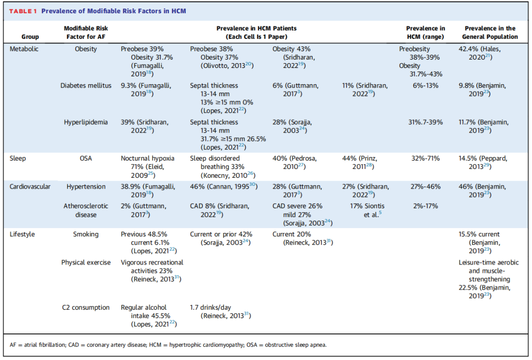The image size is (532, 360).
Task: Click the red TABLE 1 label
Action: pyautogui.click(x=23, y=11)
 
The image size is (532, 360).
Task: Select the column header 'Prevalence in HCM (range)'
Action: pyautogui.click(x=426, y=33)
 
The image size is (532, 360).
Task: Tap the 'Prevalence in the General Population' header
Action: pyautogui.click(x=490, y=33)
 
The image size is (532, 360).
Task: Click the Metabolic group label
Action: pyautogui.click(x=24, y=49)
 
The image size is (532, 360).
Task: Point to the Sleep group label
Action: pyautogui.click(x=18, y=159)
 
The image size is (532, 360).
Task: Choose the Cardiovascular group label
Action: pyautogui.click(x=30, y=187)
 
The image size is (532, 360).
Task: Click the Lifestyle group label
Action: pyautogui.click(x=22, y=234)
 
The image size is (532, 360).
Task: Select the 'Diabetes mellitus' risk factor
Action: pyautogui.click(x=86, y=86)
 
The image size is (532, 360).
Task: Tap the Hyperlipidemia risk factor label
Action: pyautogui.click(x=86, y=122)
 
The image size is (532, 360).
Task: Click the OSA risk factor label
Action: pyautogui.click(x=86, y=159)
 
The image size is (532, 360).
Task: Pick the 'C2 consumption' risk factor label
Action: pyautogui.click(x=86, y=307)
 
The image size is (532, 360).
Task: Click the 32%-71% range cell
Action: pyautogui.click(x=426, y=159)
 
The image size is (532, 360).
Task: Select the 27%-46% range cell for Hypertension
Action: pyautogui.click(x=426, y=187)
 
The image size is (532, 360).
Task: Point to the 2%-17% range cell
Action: pyautogui.click(x=426, y=206)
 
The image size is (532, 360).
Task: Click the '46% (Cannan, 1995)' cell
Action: pyautogui.click(x=224, y=186)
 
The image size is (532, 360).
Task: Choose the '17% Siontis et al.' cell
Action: pyautogui.click(x=367, y=210)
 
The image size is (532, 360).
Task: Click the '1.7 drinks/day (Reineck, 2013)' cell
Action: pyautogui.click(x=221, y=311)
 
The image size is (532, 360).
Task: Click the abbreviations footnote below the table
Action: pyautogui.click(x=168, y=345)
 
